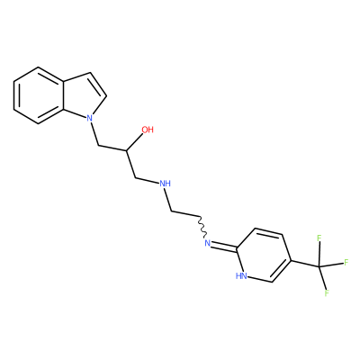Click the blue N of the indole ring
(89, 118)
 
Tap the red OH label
(148, 130)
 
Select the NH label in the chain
(165, 184)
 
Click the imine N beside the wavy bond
(207, 243)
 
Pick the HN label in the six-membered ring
(241, 276)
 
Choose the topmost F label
(319, 238)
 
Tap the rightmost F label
(346, 263)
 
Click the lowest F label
(327, 293)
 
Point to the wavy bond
(202, 227)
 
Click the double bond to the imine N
(225, 246)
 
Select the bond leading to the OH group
(135, 142)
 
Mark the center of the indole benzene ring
(39, 95)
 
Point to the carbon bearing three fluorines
(319, 266)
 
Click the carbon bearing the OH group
(127, 149)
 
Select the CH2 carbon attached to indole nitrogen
(99, 146)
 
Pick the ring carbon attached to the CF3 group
(291, 260)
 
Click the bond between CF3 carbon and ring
(305, 263)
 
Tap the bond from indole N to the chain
(94, 134)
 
